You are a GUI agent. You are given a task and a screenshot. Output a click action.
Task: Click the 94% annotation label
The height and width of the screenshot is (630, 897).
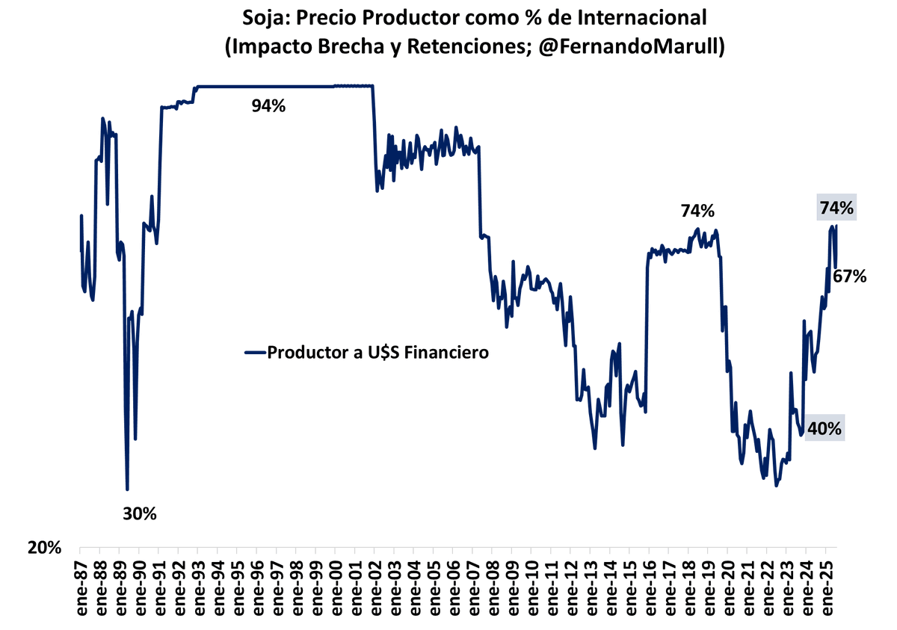coord(268,106)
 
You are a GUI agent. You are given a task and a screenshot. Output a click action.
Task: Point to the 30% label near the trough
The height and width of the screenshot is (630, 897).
coord(140,514)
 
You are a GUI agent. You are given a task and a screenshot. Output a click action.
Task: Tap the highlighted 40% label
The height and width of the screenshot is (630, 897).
coord(826,429)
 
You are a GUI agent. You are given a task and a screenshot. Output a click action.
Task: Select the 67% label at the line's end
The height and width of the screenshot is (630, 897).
coord(850,277)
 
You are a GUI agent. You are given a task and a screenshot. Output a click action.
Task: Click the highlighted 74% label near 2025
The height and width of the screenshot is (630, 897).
coord(836,209)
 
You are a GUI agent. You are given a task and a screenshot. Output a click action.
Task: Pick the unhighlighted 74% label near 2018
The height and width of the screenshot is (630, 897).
coord(697,211)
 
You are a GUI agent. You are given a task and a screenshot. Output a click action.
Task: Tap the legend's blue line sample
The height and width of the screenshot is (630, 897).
coord(255,353)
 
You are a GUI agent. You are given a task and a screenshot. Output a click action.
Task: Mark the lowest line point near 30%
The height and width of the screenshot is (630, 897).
coord(128,490)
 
